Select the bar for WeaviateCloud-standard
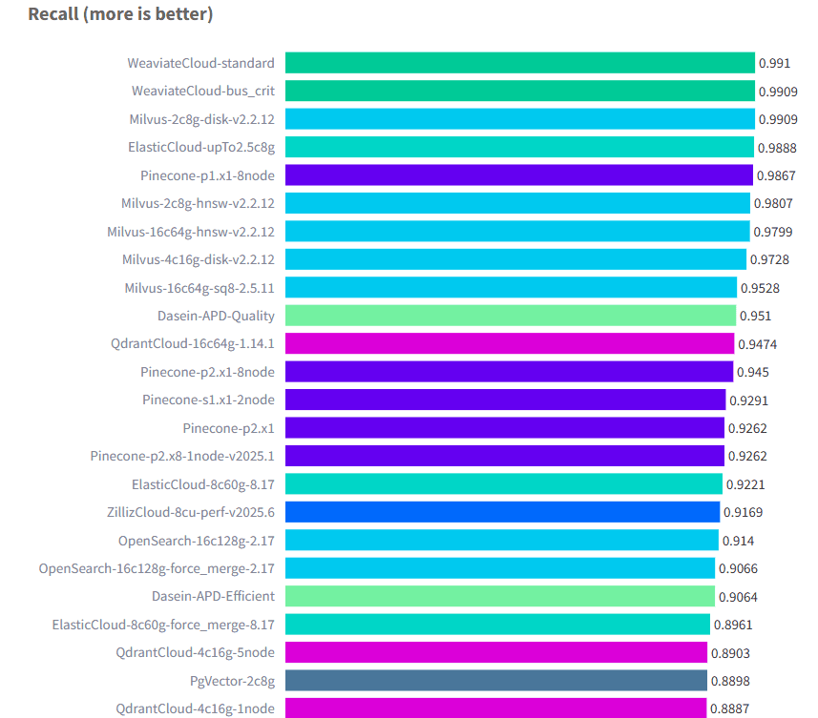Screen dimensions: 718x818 coord(519,63)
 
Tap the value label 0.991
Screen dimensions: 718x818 coord(774,63)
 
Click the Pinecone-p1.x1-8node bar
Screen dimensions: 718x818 coord(519,175)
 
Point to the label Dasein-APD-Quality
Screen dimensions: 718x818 coord(216,316)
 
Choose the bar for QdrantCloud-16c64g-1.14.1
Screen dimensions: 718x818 coord(510,343)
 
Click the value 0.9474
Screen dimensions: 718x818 coord(754,343)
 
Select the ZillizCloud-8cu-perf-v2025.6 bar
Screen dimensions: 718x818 coord(502,512)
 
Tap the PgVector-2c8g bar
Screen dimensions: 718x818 coord(496,680)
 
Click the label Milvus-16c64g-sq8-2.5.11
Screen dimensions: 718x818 coord(199,288)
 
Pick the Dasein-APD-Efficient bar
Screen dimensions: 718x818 coord(500,596)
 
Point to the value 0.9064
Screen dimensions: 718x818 coord(735,596)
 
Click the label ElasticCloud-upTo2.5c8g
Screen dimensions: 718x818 coord(201,148)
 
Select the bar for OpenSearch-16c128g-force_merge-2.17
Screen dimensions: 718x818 coord(500,568)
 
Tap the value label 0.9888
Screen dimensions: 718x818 coord(777,148)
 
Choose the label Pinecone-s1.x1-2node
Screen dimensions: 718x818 coord(208,400)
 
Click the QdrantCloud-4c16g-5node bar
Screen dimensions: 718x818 coord(496,652)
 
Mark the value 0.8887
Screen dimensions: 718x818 coord(727,708)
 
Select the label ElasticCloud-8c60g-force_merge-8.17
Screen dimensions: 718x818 coord(163,625)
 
